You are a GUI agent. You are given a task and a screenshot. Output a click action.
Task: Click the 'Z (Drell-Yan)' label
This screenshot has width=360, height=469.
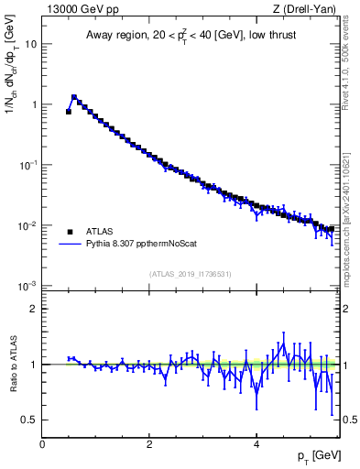309,10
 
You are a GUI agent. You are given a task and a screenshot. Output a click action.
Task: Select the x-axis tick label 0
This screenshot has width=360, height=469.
42,442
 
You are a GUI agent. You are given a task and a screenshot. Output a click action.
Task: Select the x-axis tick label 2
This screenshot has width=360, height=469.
149,442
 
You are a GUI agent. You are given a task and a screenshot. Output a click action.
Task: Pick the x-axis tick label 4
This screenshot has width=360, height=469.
256,442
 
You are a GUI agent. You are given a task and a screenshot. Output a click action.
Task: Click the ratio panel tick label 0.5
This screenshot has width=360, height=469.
29,420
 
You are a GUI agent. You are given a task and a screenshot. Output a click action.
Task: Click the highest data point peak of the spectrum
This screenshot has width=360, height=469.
74,96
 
